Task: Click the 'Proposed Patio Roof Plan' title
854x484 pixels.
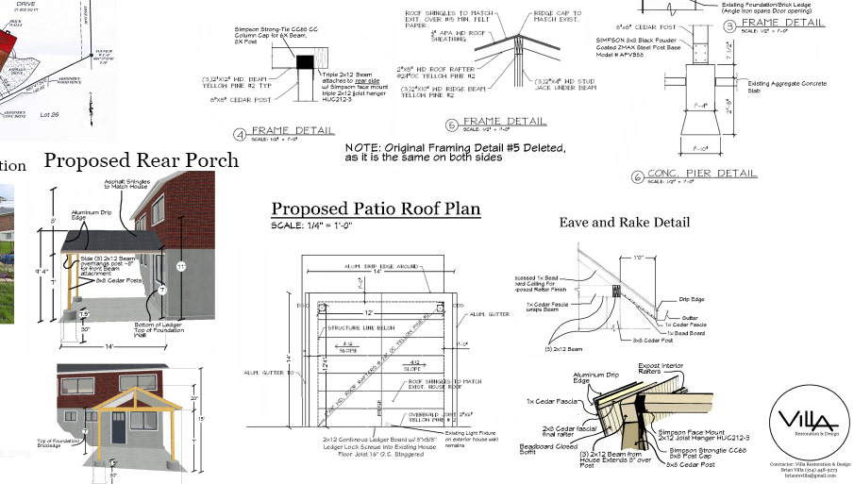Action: (376, 209)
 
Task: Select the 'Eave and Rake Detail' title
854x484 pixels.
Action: (624, 223)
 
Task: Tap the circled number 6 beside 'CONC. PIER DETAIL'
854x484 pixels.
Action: (637, 176)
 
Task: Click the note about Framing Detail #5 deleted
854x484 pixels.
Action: (456, 153)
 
